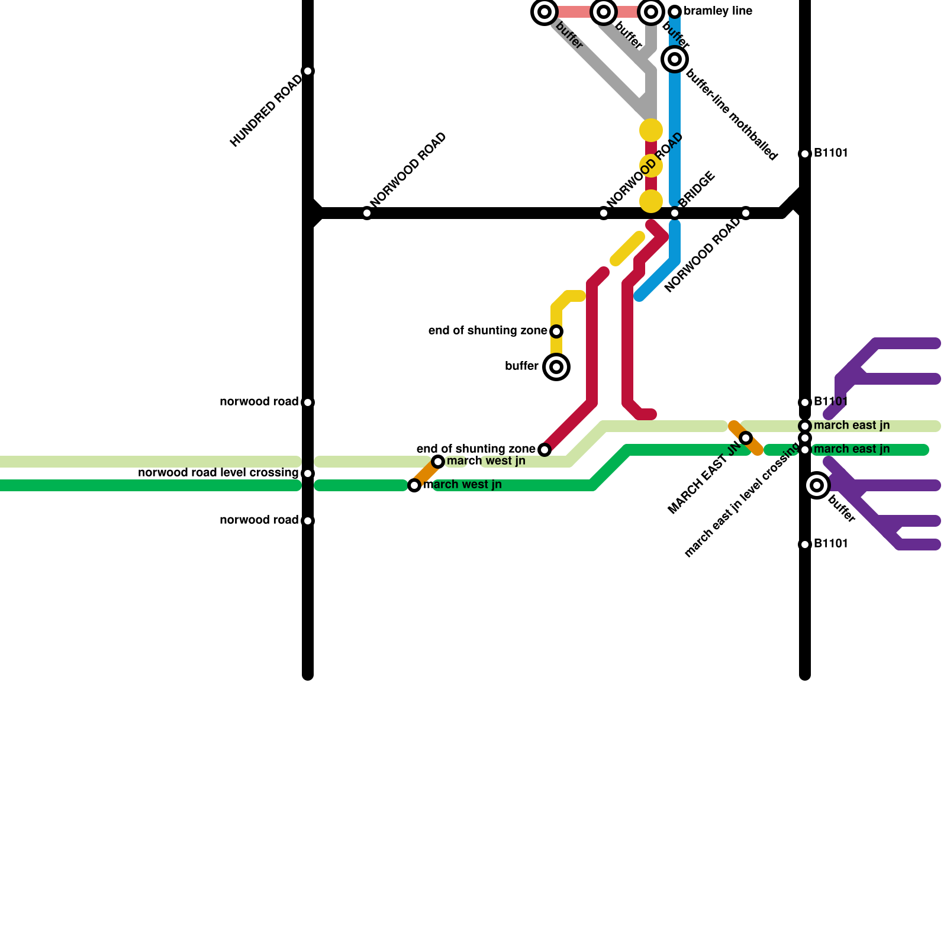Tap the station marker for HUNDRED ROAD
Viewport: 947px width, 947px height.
308,71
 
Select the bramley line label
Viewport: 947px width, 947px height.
718,11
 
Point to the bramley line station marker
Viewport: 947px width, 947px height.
675,12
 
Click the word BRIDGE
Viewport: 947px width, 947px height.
697,189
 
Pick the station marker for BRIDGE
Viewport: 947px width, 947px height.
675,213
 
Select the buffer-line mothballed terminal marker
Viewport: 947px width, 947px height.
675,59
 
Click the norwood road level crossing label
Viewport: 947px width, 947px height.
218,473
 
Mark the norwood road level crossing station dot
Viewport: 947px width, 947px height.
308,474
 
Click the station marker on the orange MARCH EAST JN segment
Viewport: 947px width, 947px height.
746,438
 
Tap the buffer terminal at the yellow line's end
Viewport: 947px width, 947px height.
556,367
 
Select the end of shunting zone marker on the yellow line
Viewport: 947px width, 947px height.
556,331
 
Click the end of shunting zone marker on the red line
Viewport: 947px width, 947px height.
545,450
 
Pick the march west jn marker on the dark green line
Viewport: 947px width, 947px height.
414,485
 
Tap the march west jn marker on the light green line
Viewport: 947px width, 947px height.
438,462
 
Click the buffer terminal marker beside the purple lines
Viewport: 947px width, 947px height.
817,485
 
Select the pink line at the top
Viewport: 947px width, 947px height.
574,12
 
